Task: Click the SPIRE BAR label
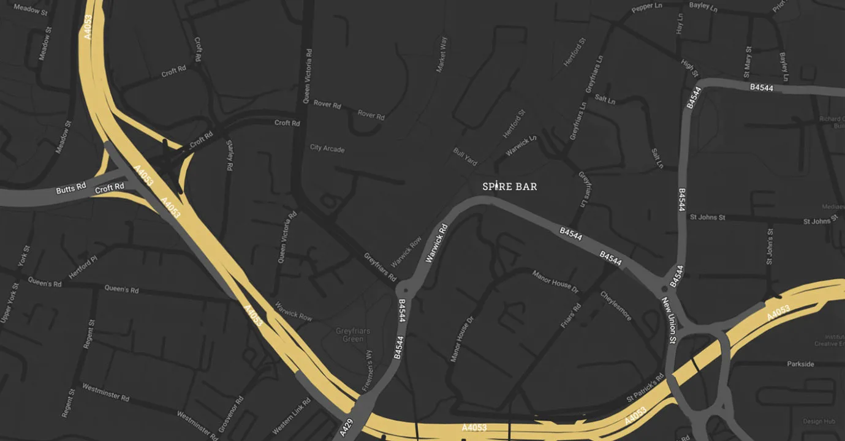tap(510, 186)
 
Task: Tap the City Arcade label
tap(327, 148)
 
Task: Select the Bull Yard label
tap(465, 156)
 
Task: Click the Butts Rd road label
tap(71, 189)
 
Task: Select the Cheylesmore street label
tap(616, 305)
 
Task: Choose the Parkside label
tap(800, 364)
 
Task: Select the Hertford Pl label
tap(83, 268)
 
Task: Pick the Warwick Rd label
tap(436, 243)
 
